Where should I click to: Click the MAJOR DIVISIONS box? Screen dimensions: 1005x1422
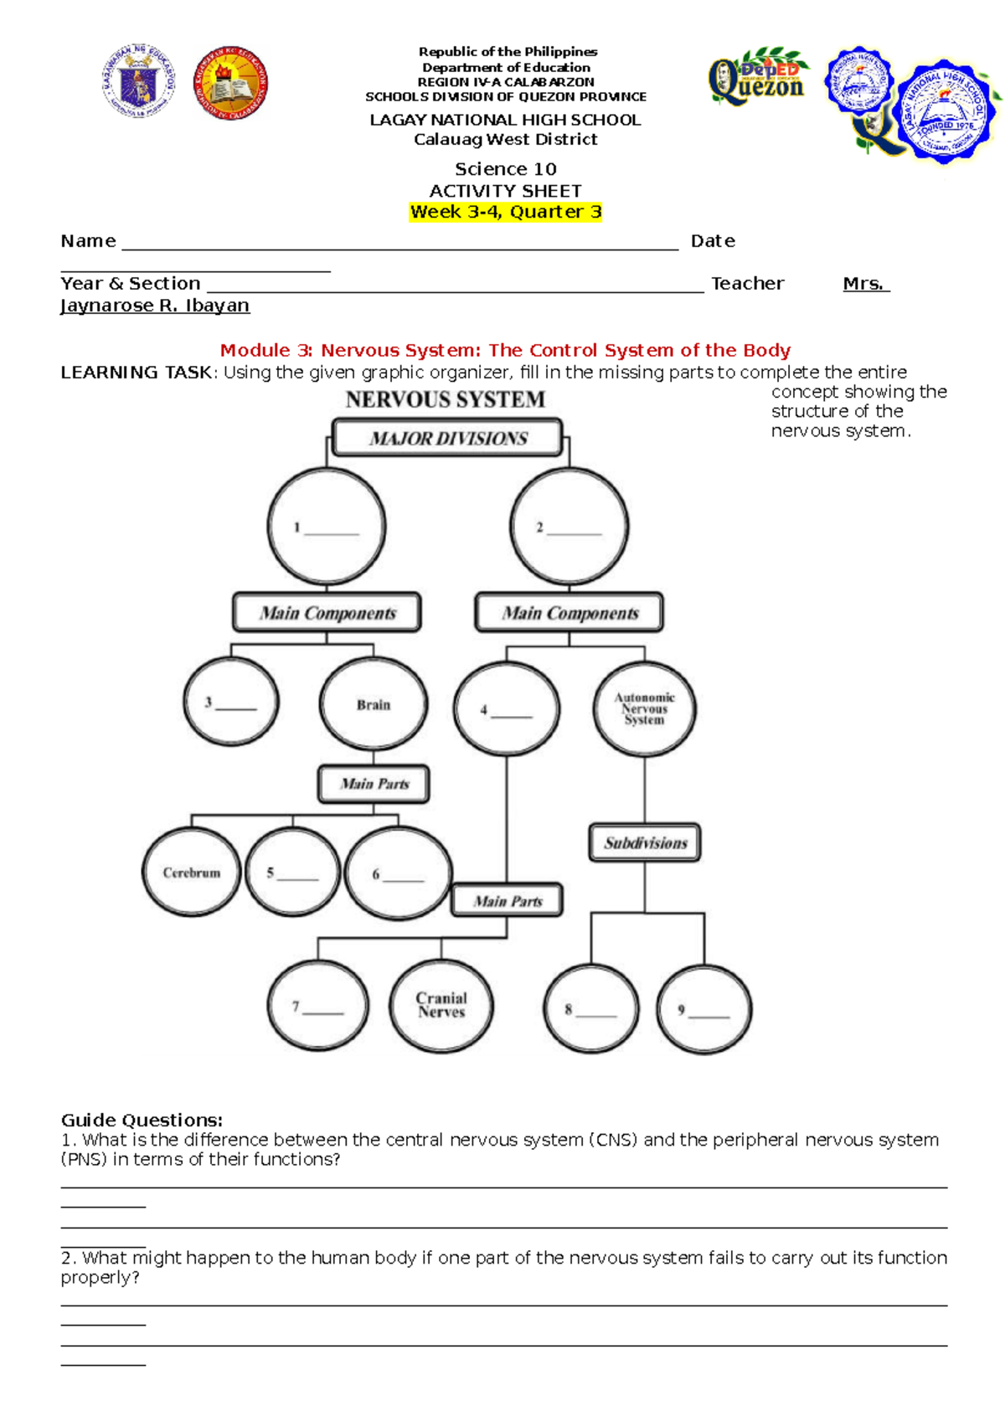tap(447, 438)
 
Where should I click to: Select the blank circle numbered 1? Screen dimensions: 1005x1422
tap(327, 526)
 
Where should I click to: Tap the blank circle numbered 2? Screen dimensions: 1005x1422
tap(569, 526)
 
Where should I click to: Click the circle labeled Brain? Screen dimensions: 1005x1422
tap(374, 704)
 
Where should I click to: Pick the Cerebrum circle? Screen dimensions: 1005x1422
tap(191, 872)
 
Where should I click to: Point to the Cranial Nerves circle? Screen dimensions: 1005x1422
tap(441, 1005)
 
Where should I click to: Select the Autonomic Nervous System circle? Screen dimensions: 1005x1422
tap(644, 708)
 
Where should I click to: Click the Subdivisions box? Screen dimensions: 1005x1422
tap(645, 842)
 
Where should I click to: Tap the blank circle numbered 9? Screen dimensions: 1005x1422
tap(704, 1009)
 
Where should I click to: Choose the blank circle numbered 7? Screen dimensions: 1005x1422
tap(318, 1006)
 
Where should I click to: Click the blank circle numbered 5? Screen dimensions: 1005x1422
tap(293, 872)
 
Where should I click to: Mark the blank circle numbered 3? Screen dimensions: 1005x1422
tap(231, 702)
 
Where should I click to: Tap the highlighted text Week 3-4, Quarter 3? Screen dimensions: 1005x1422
tap(506, 212)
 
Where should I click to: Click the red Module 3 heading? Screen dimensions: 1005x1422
tap(505, 350)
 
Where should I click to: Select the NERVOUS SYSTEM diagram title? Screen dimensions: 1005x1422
tap(446, 399)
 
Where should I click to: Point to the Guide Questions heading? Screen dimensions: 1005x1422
tap(142, 1120)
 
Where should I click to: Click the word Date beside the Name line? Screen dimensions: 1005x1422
tap(713, 241)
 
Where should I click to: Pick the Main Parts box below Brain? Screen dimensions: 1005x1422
tap(374, 784)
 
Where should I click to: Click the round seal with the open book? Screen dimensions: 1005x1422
tap(231, 83)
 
